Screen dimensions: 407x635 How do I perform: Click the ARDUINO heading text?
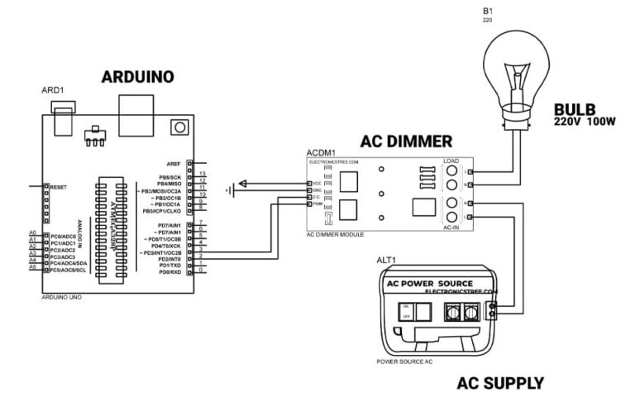coord(137,77)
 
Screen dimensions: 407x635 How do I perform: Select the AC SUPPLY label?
coord(500,383)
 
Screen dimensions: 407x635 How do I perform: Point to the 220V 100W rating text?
coord(586,121)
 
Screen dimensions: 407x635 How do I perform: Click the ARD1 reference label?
coord(52,89)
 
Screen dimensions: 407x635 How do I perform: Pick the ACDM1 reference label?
coord(320,154)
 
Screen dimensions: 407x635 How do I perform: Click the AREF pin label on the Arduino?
coord(173,164)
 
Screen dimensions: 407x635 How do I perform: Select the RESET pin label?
coord(58,187)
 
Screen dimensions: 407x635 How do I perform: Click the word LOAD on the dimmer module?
coord(451,160)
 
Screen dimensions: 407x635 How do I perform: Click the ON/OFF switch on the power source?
coord(406,312)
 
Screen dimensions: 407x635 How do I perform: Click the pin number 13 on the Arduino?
coord(201,175)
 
